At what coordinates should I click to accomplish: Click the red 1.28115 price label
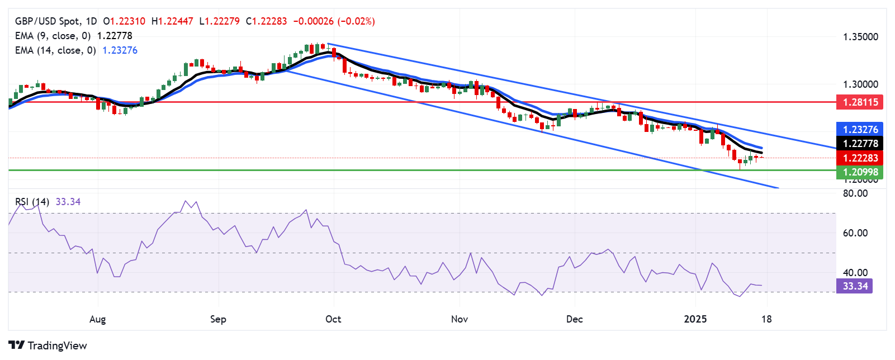[x=860, y=102]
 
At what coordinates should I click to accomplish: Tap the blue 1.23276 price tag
[x=860, y=129]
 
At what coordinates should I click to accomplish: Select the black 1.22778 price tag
[x=860, y=144]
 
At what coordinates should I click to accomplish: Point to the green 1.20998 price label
[x=860, y=172]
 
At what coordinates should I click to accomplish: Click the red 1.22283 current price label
[x=860, y=158]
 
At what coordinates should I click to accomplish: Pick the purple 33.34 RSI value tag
[x=855, y=286]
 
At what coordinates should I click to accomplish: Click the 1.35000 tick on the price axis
[x=860, y=37]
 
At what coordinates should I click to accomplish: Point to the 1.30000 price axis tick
[x=860, y=84]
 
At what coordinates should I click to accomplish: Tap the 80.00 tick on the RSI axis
[x=855, y=193]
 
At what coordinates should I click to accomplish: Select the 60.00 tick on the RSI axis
[x=855, y=233]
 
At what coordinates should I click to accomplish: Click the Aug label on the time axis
[x=97, y=319]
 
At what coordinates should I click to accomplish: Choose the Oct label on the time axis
[x=333, y=319]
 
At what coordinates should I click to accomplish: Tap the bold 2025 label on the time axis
[x=695, y=319]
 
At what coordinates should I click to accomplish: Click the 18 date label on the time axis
[x=766, y=319]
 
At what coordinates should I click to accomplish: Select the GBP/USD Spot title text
[x=47, y=21]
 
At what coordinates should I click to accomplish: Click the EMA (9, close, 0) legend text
[x=53, y=36]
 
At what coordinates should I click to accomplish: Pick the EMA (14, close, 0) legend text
[x=55, y=50]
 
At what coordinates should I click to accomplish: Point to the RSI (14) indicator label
[x=32, y=202]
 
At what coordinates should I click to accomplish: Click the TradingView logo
[x=48, y=345]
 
